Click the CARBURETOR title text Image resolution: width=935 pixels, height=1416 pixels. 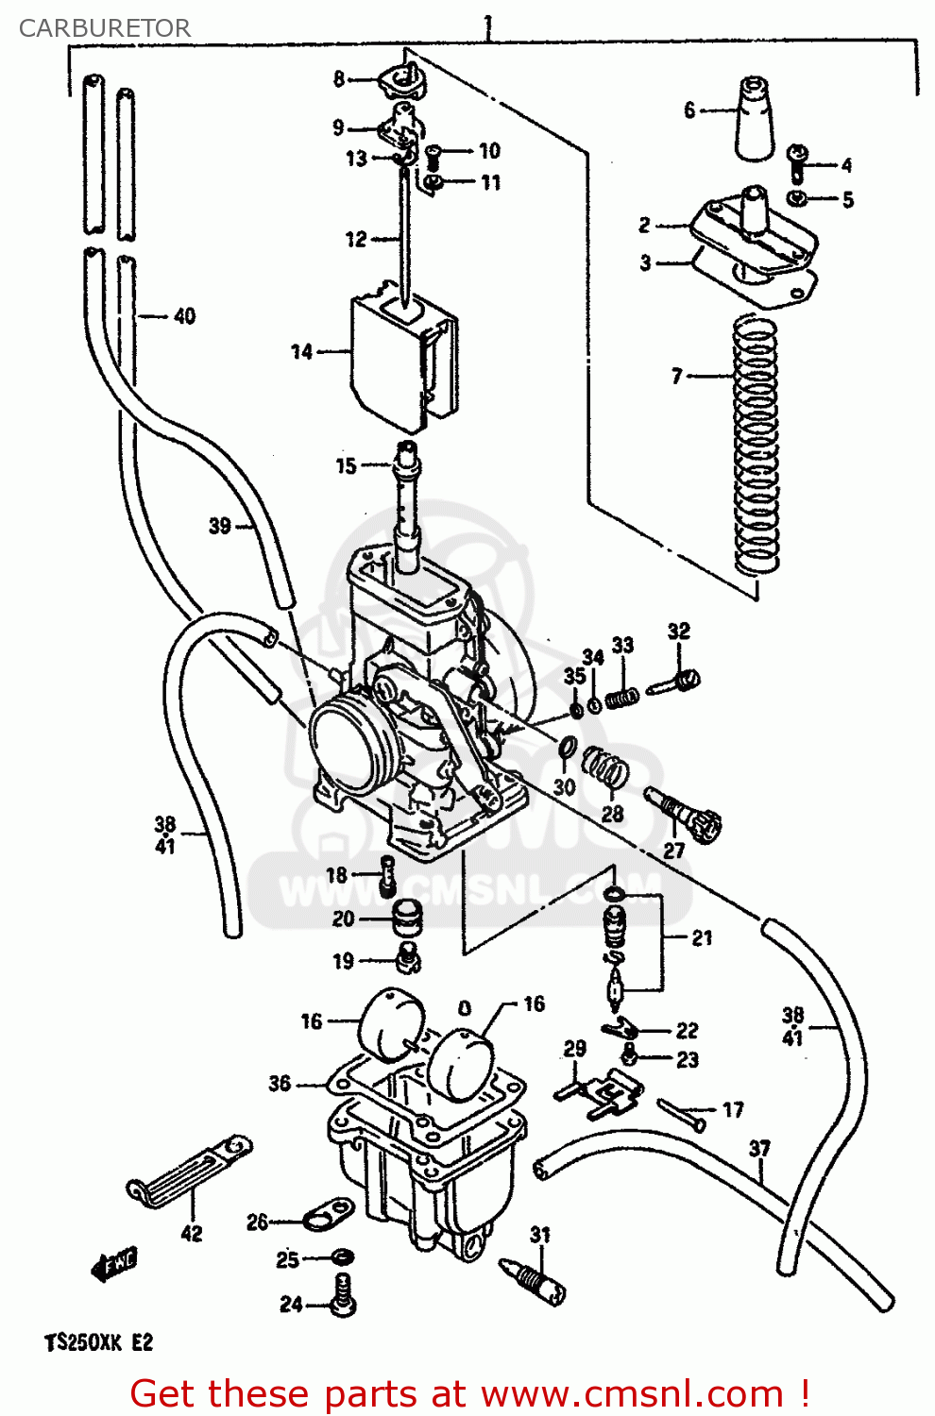click(x=104, y=28)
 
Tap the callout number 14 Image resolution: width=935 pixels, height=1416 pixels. click(x=301, y=352)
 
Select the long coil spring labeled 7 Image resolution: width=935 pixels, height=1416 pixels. click(x=756, y=444)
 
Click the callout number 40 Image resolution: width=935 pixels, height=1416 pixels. click(x=184, y=316)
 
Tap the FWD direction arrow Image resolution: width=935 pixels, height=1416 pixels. click(x=113, y=1264)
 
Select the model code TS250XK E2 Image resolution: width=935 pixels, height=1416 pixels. click(x=97, y=1342)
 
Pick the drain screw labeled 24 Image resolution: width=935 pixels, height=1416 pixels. click(x=343, y=1293)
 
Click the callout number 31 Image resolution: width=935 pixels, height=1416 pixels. click(x=539, y=1235)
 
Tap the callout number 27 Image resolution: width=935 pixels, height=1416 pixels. click(x=673, y=851)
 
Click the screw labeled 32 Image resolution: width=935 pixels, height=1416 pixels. click(x=675, y=681)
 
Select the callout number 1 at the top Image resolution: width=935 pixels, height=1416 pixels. click(x=487, y=23)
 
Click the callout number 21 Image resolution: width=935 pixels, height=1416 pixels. click(x=702, y=937)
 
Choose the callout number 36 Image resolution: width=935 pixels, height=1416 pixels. click(x=280, y=1083)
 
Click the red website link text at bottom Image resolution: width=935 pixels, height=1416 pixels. click(x=469, y=1393)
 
